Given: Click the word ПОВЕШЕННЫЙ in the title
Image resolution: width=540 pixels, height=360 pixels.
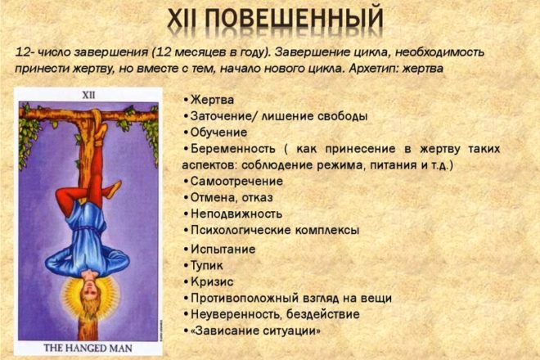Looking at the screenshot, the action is tap(296, 18).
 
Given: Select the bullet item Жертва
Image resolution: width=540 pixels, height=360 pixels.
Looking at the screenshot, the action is tap(212, 100).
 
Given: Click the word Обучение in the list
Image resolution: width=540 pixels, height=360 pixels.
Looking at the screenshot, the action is tap(218, 133).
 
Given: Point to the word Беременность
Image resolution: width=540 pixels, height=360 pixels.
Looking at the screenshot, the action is tap(233, 148).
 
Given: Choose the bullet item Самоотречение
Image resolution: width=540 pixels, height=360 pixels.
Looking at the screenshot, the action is tap(236, 181).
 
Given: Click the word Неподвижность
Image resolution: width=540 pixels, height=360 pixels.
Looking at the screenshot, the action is tap(236, 214).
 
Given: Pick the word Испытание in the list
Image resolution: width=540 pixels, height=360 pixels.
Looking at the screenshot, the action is tap(223, 249).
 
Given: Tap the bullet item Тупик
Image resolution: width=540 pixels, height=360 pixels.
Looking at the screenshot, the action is tap(207, 266).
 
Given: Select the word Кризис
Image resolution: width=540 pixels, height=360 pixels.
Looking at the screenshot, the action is tap(212, 281).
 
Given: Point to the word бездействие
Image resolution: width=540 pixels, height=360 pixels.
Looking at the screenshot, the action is tap(322, 314).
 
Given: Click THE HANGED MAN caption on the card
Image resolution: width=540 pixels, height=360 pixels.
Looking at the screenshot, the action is tap(88, 348).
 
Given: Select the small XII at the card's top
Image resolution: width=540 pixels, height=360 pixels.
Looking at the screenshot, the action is tap(88, 95).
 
